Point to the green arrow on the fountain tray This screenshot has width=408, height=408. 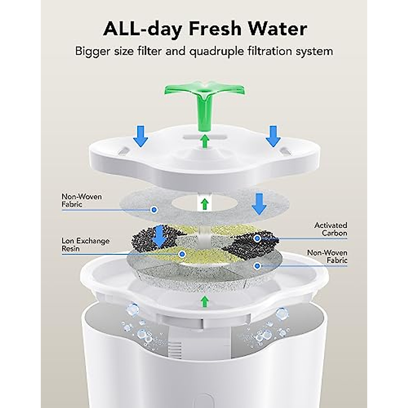(204, 301)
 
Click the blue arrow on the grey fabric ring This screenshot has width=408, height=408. (259, 203)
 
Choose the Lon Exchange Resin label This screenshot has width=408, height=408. (86, 244)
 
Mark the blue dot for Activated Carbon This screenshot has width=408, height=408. (258, 238)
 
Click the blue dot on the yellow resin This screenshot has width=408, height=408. (182, 253)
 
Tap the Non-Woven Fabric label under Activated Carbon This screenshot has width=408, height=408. (327, 256)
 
